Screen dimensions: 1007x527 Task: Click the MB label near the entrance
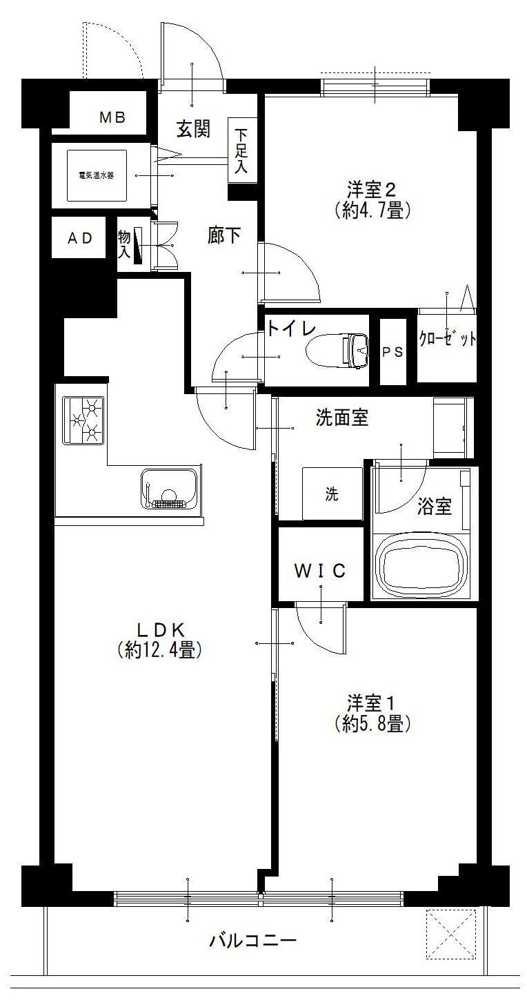pyautogui.click(x=112, y=117)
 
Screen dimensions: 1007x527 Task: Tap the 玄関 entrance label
pyautogui.click(x=193, y=129)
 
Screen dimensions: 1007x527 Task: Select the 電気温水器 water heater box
pyautogui.click(x=96, y=175)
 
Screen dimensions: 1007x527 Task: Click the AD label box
pyautogui.click(x=79, y=238)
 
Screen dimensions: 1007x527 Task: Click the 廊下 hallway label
pyautogui.click(x=225, y=235)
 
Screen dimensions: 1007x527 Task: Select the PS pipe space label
pyautogui.click(x=392, y=351)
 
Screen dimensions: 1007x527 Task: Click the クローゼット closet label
pyautogui.click(x=447, y=340)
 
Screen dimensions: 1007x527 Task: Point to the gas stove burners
pyautogui.click(x=83, y=420)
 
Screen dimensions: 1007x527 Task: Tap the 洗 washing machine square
pyautogui.click(x=332, y=494)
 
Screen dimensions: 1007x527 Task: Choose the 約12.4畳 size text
pyautogui.click(x=159, y=649)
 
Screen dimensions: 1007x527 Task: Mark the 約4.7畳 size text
pyautogui.click(x=372, y=210)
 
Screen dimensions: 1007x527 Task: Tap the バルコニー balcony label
pyautogui.click(x=252, y=940)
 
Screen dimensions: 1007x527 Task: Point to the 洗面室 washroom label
pyautogui.click(x=341, y=418)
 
